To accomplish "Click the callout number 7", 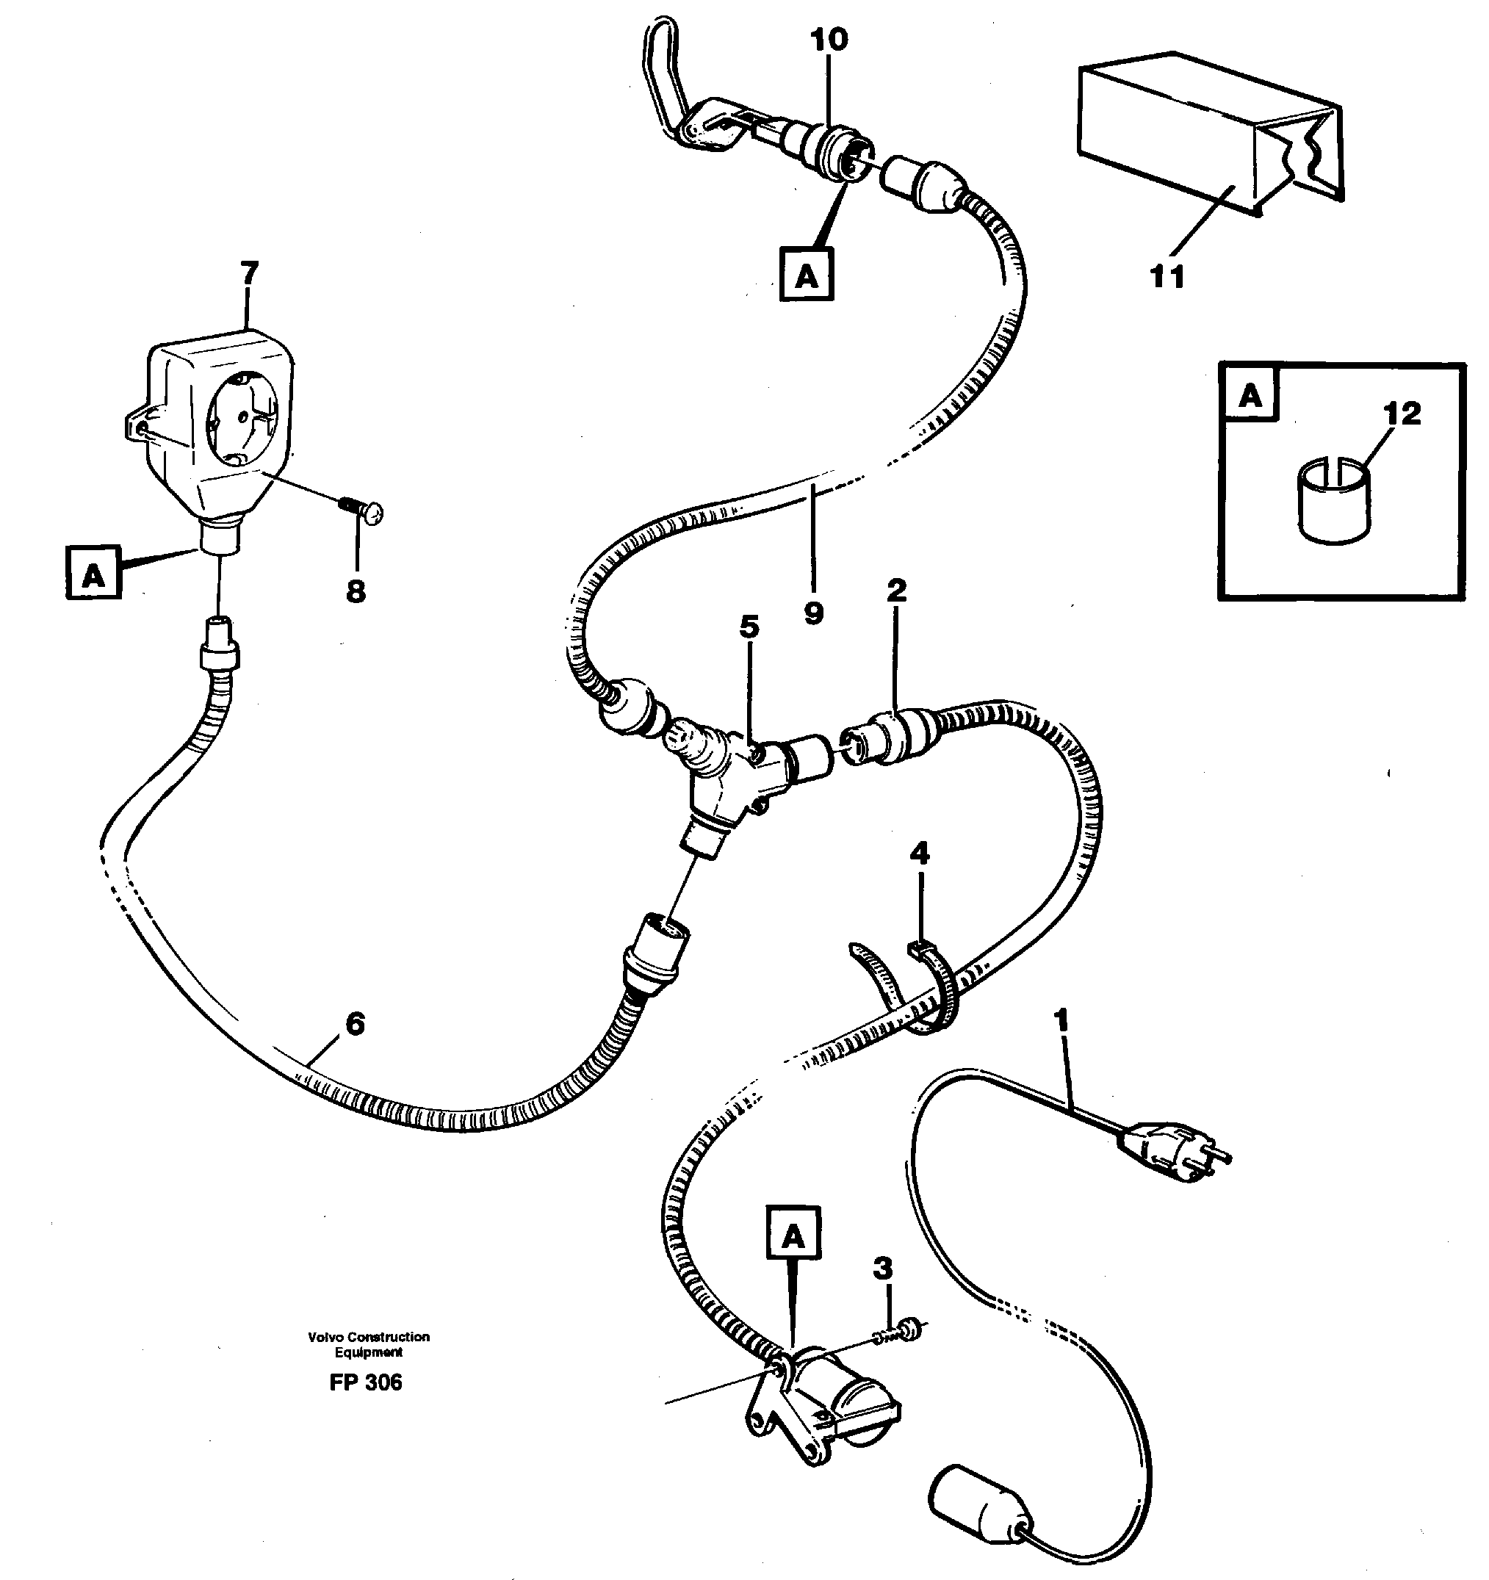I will point(250,273).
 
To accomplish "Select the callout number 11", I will point(1167,277).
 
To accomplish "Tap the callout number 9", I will point(813,613).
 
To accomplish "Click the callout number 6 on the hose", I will point(355,1025).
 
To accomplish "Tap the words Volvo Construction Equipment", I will point(369,1344).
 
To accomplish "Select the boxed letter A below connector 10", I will point(807,275).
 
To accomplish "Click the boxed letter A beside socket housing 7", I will point(94,572).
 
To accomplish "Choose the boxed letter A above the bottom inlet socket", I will point(793,1235).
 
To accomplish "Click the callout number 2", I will point(896,590).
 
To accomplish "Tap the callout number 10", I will point(829,40).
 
